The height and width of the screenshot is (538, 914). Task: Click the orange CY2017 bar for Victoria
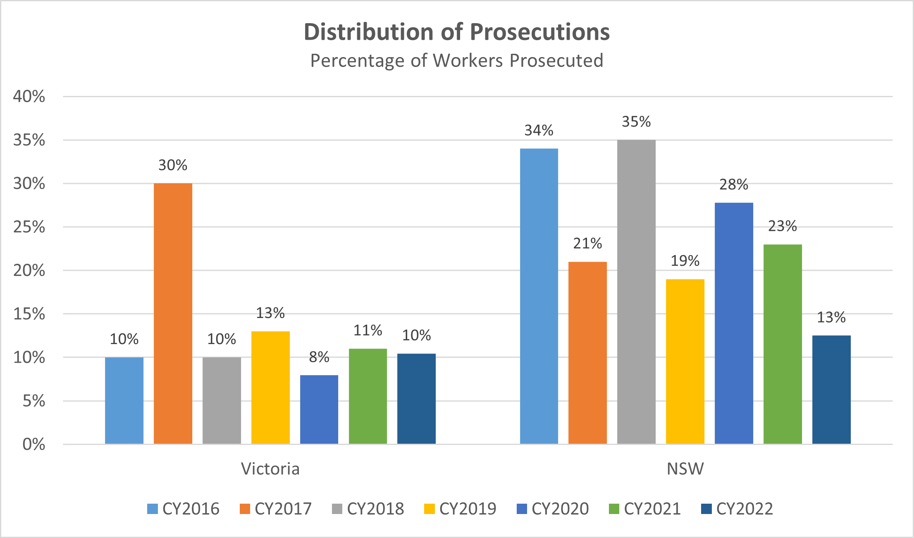pos(173,313)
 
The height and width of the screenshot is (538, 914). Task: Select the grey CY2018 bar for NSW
pos(636,292)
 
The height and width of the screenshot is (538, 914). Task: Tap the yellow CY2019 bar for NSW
pos(685,361)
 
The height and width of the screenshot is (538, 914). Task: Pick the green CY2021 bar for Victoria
pos(368,396)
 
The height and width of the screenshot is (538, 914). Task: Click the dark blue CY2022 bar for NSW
pos(831,390)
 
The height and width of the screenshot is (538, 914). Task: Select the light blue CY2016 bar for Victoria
pos(124,400)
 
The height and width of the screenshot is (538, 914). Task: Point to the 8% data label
pos(319,357)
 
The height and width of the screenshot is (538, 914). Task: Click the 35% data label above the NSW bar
pos(636,122)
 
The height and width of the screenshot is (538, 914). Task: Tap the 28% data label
pos(734,184)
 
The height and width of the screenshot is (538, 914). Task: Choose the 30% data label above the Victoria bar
pos(173,165)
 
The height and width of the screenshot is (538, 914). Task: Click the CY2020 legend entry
pos(553,509)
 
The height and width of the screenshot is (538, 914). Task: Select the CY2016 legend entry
pos(183,509)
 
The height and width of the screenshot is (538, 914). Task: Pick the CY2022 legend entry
pos(737,509)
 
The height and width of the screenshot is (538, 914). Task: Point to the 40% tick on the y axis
pos(29,96)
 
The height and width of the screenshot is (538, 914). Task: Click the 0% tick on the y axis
pos(33,444)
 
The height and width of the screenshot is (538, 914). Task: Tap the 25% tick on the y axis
pos(29,227)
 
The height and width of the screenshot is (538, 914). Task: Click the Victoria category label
pos(270,469)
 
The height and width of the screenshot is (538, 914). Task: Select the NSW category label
pos(685,469)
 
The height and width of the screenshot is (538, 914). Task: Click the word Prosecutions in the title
pos(539,32)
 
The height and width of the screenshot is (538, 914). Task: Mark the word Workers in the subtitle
pos(468,60)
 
